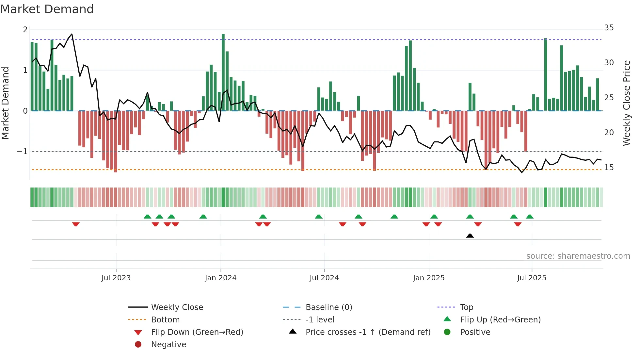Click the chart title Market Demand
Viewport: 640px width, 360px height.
pyautogui.click(x=47, y=9)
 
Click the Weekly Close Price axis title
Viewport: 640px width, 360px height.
pyautogui.click(x=626, y=103)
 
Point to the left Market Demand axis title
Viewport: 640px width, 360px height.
pyautogui.click(x=5, y=103)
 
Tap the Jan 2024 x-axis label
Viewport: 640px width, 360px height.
pyautogui.click(x=220, y=278)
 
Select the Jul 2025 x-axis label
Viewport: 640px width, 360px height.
pyautogui.click(x=531, y=278)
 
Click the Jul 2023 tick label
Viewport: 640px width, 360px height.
pyautogui.click(x=116, y=278)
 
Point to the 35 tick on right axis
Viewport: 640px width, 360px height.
pyautogui.click(x=609, y=28)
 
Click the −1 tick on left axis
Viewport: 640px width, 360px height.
pyautogui.click(x=22, y=152)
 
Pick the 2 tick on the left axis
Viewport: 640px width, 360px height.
pyautogui.click(x=25, y=30)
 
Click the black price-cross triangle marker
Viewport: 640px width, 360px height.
pyautogui.click(x=470, y=236)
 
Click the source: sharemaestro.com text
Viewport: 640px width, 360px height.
pyautogui.click(x=578, y=256)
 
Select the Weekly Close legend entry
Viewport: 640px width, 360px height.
pyautogui.click(x=177, y=307)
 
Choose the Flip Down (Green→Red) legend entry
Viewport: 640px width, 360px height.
pyautogui.click(x=197, y=332)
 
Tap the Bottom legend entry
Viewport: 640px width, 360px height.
pyautogui.click(x=165, y=320)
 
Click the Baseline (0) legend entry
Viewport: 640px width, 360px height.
pyautogui.click(x=328, y=307)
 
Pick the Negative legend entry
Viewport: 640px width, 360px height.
pyautogui.click(x=168, y=345)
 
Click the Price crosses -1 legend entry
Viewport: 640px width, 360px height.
pyautogui.click(x=368, y=332)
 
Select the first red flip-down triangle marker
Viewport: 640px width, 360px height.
pyautogui.click(x=76, y=224)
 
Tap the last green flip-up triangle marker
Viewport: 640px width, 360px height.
pyautogui.click(x=530, y=217)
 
